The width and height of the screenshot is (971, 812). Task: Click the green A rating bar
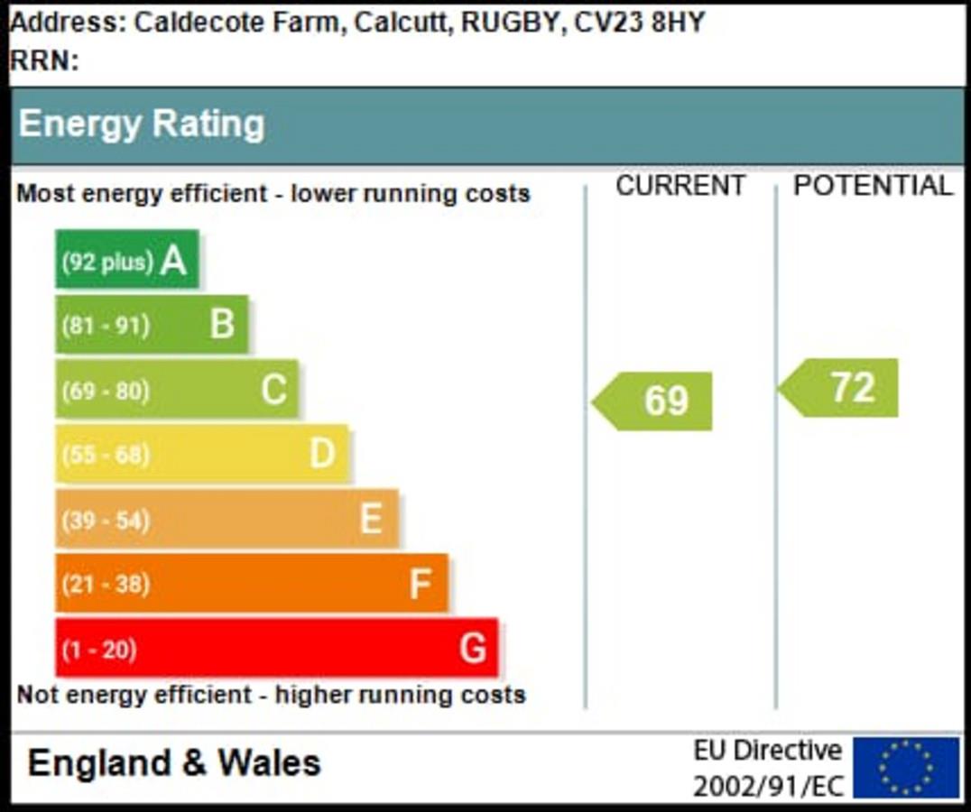coord(126,260)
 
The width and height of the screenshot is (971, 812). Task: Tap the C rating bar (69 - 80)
coord(176,390)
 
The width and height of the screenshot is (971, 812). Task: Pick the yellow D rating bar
coord(201,454)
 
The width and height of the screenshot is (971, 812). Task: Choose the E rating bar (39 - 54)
coord(227,519)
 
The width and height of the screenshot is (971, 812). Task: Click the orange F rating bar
coord(252,584)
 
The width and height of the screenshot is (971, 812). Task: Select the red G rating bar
coord(276,648)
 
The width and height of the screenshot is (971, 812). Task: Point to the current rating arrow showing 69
coord(654,401)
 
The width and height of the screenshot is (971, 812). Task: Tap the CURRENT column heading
coord(680,186)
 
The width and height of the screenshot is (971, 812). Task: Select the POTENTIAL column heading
coord(873,186)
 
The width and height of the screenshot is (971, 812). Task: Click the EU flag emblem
coord(906,768)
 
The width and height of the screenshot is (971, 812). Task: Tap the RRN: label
coord(44,61)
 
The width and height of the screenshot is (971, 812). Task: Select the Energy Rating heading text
coord(142,125)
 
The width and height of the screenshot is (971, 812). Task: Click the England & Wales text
coord(174,763)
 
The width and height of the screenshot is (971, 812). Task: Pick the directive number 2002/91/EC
coord(768,786)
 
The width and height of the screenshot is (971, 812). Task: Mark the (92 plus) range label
coord(106,263)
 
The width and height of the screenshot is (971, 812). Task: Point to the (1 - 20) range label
coord(98,650)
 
